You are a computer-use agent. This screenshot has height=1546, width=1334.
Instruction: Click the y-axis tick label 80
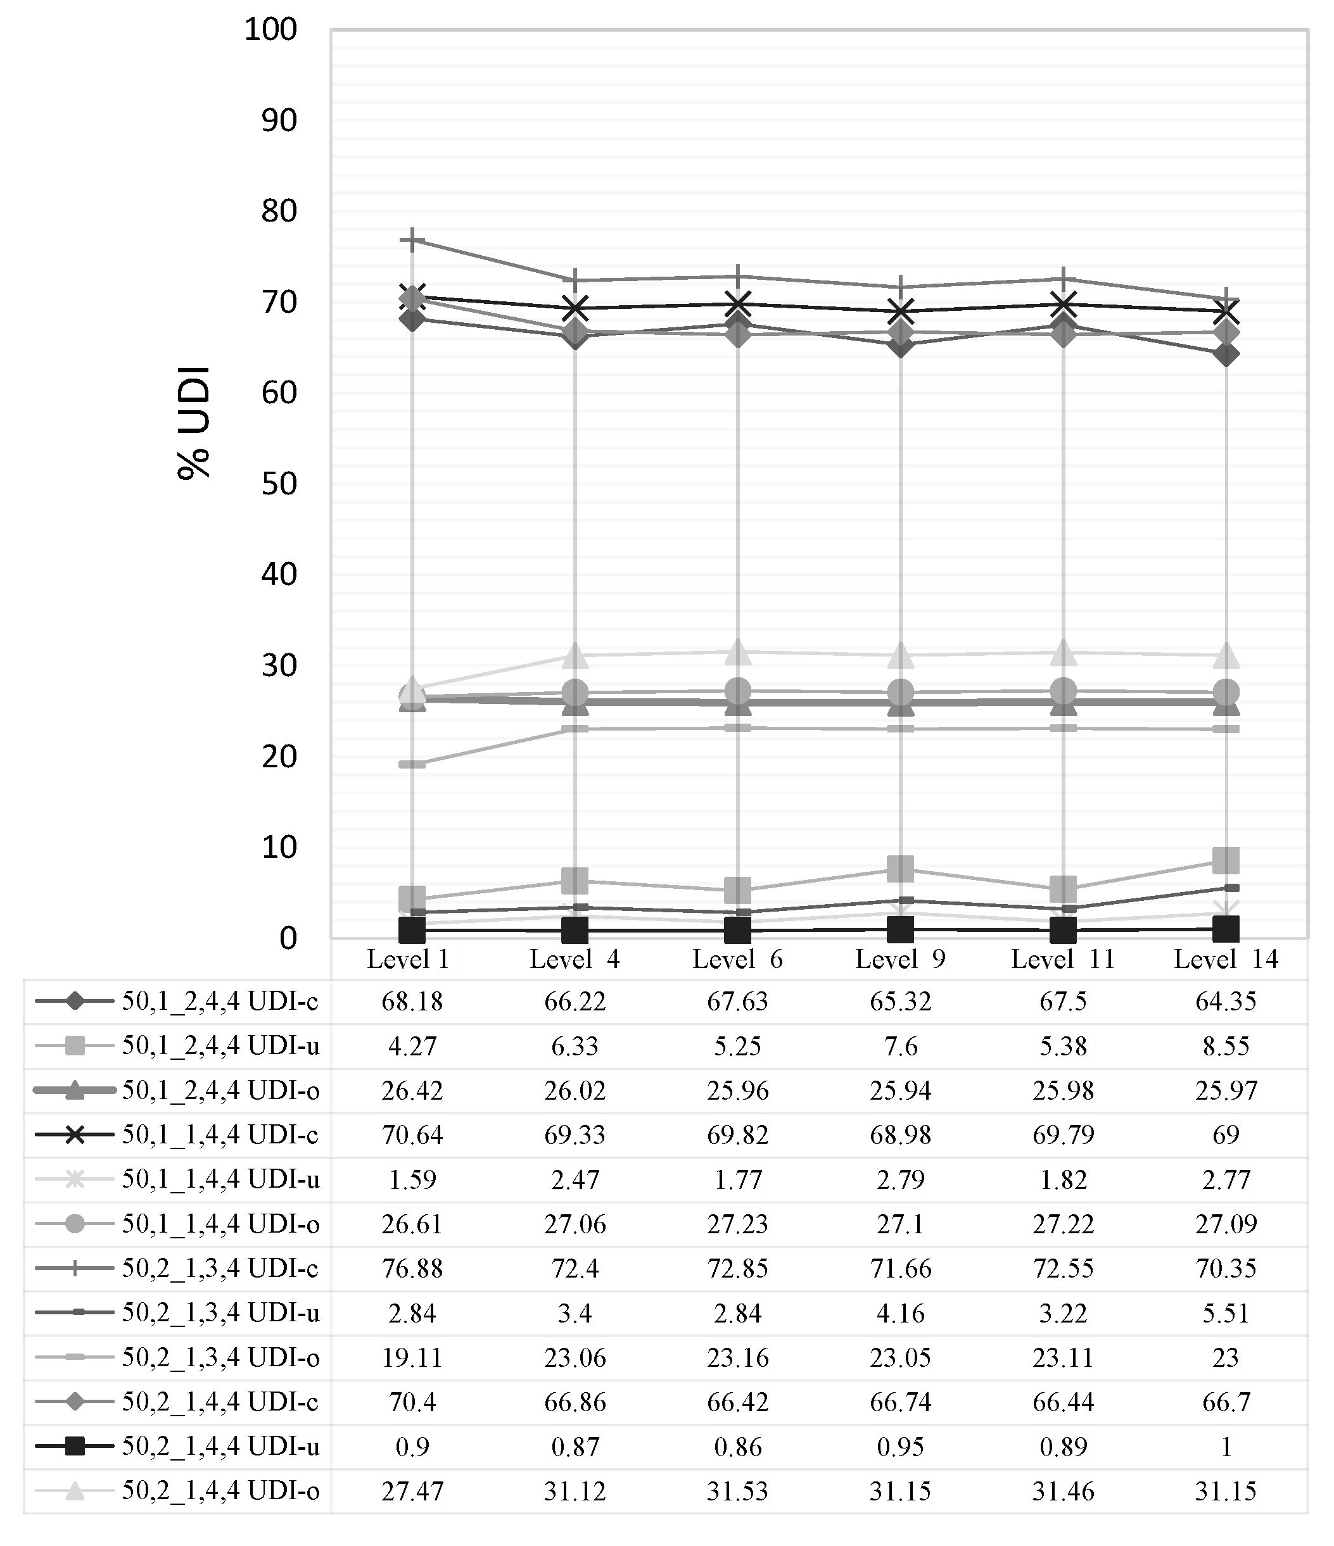(x=279, y=211)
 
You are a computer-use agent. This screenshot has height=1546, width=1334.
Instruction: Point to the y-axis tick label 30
(x=279, y=665)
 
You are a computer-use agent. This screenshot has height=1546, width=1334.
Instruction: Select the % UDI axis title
(x=194, y=422)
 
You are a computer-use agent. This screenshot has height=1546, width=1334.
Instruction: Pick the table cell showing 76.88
(x=412, y=1269)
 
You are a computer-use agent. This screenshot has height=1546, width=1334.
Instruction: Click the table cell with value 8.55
(x=1226, y=1046)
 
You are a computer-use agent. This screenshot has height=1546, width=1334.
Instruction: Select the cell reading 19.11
(x=412, y=1358)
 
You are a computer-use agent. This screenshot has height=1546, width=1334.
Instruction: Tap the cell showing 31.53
(x=737, y=1492)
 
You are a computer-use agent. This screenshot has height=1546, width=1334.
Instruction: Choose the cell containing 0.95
(x=900, y=1447)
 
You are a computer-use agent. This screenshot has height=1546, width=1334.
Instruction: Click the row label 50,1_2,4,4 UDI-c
(x=220, y=1002)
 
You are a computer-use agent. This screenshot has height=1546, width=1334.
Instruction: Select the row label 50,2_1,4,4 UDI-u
(x=220, y=1447)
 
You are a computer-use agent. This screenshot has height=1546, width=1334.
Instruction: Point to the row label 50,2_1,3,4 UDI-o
(x=220, y=1358)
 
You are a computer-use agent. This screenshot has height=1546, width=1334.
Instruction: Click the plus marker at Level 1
(x=412, y=241)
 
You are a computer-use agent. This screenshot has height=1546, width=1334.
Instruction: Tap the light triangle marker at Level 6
(x=737, y=651)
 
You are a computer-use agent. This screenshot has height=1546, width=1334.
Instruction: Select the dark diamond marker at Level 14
(x=1226, y=354)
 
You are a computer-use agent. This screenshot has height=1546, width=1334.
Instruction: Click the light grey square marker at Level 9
(x=900, y=869)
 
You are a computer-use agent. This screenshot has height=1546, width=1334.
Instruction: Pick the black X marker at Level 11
(x=1063, y=305)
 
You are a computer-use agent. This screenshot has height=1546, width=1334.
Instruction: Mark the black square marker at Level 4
(x=575, y=929)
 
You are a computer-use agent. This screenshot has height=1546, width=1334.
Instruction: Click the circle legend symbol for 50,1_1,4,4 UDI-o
(x=75, y=1224)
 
